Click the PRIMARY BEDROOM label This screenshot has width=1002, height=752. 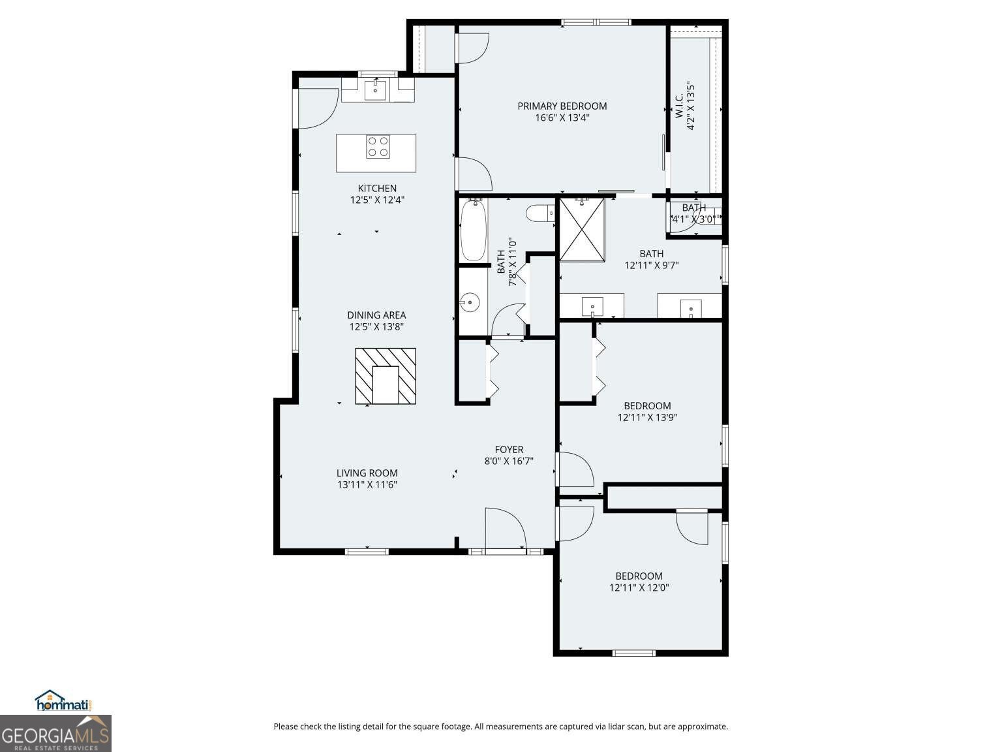(x=562, y=106)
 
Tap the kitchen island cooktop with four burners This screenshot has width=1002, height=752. (x=378, y=146)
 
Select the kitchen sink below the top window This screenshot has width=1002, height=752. (x=375, y=89)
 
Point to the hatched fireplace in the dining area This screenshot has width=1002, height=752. (x=386, y=376)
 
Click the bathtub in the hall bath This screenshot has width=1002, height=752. (x=473, y=230)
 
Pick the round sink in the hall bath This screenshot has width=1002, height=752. (x=469, y=302)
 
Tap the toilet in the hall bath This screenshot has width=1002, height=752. (x=540, y=213)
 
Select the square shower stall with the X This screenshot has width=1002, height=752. (x=582, y=230)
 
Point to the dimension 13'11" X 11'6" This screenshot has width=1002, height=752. (x=367, y=485)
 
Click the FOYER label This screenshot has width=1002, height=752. (x=509, y=449)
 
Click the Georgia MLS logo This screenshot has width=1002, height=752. (x=55, y=733)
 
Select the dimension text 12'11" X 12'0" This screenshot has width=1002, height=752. (x=639, y=587)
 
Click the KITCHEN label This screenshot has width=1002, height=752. (x=377, y=188)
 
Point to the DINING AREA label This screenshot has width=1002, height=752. (x=376, y=315)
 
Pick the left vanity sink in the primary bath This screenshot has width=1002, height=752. (x=592, y=305)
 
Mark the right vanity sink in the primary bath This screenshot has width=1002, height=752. (x=690, y=306)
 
